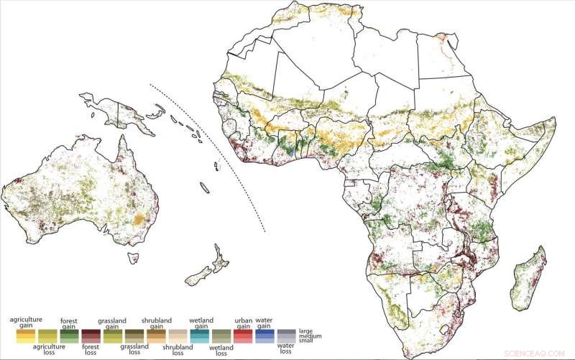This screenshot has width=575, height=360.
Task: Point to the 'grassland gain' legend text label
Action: click(113, 319)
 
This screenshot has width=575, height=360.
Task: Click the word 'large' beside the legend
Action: click(305, 330)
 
